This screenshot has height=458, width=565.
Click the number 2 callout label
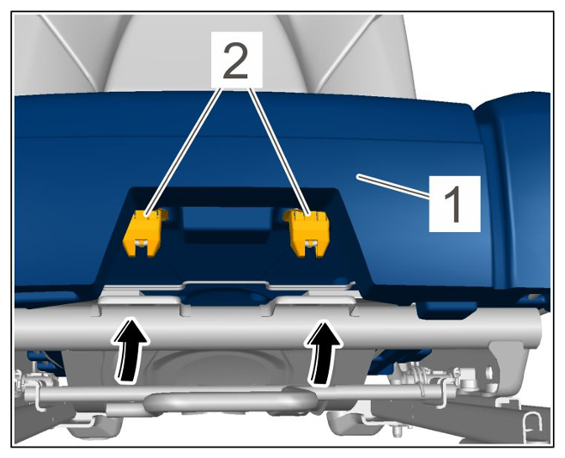click(236, 60)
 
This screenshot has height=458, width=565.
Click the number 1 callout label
click(454, 204)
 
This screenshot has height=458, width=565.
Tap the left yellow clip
click(143, 233)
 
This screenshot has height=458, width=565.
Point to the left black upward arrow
click(131, 349)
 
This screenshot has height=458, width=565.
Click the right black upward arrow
click(323, 352)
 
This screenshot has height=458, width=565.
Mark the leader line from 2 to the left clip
click(183, 151)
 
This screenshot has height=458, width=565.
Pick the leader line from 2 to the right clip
click(279, 151)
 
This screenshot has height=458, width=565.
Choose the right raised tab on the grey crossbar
click(313, 302)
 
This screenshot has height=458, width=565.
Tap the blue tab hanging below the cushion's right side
click(446, 310)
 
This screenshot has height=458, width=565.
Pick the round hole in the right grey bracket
click(489, 370)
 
